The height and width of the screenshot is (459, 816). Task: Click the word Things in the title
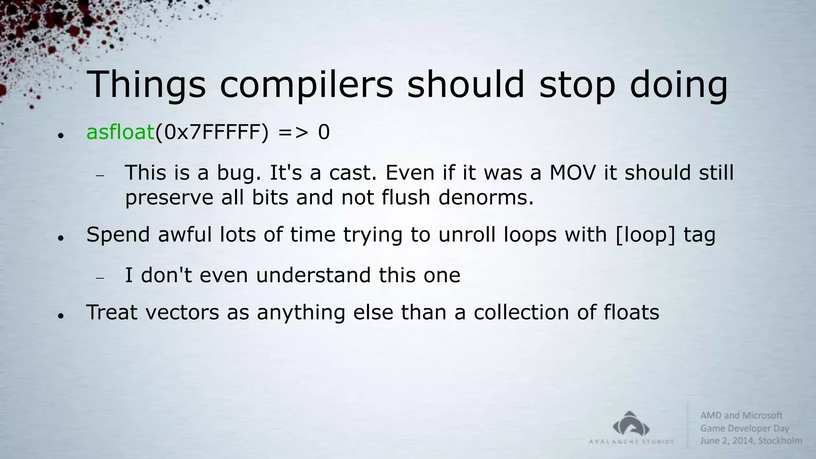coord(146,85)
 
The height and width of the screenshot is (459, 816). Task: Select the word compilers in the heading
coord(306,85)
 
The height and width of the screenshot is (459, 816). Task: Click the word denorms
coord(486,197)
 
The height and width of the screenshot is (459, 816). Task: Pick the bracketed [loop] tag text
coord(645,234)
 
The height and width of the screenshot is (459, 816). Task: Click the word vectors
coord(182,312)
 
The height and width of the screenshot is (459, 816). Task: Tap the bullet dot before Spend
coord(61,238)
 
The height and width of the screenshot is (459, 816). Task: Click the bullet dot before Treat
coord(61,316)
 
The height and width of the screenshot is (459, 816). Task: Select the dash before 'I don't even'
coord(100,278)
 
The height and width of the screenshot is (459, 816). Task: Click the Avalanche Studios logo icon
coord(631,425)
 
